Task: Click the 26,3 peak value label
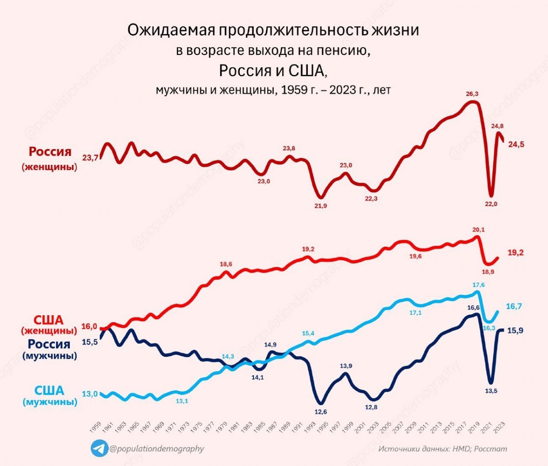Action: click(472, 94)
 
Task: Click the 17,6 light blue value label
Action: click(479, 285)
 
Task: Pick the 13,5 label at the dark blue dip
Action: click(490, 391)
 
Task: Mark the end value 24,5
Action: click(516, 145)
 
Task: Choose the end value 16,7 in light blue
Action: click(514, 307)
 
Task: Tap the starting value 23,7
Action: click(90, 158)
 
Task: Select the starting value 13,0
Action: click(90, 394)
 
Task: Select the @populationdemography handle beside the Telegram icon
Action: click(157, 449)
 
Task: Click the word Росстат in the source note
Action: click(490, 449)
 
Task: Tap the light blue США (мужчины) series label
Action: click(50, 396)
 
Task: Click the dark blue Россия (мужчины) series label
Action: click(49, 349)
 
